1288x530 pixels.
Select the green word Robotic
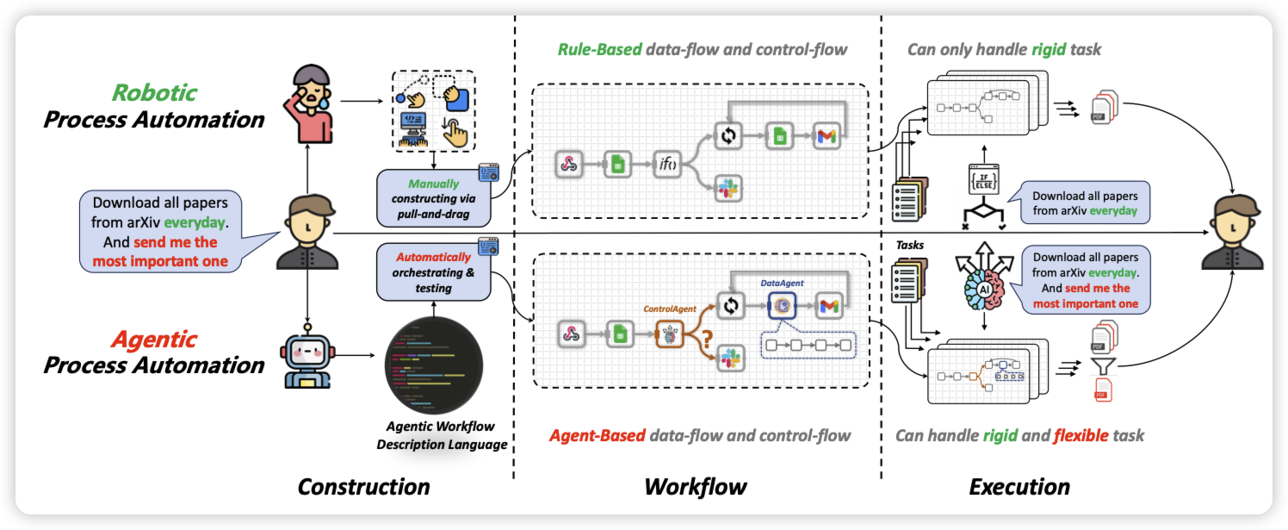click(154, 92)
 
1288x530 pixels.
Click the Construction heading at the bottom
click(363, 487)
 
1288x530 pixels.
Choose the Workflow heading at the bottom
click(696, 487)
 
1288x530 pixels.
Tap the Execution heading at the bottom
click(1019, 487)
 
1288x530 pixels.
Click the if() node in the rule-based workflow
click(667, 164)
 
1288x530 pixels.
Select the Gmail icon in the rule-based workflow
click(826, 135)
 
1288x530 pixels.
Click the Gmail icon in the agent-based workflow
click(828, 305)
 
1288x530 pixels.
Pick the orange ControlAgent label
click(669, 306)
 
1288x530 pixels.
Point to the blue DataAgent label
click(781, 283)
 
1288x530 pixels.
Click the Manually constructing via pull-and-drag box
click(434, 196)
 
